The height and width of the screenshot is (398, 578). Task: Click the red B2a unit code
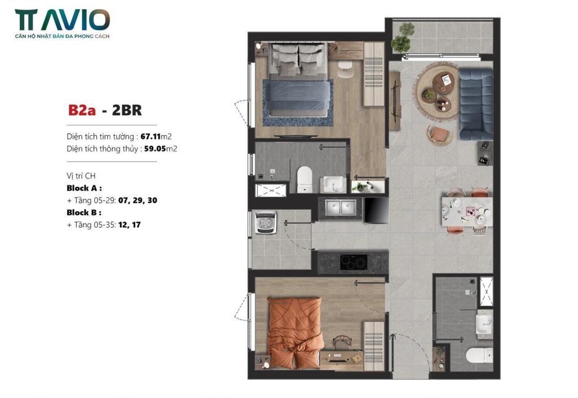[x=82, y=110]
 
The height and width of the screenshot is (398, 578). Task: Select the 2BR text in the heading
[x=127, y=110]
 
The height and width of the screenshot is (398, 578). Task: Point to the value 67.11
[x=150, y=136]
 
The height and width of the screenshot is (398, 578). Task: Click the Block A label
[x=84, y=188]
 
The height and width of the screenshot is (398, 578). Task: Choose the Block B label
[x=84, y=213]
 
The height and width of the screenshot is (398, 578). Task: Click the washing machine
[x=266, y=222]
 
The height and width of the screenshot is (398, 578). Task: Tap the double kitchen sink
[x=340, y=207]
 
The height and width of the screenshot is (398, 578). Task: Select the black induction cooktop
[x=353, y=262]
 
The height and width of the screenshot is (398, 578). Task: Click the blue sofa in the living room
[x=475, y=104]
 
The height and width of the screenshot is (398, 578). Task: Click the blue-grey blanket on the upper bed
[x=296, y=95]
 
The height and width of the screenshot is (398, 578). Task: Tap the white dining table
[x=467, y=211]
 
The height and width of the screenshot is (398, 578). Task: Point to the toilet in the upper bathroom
[x=304, y=179]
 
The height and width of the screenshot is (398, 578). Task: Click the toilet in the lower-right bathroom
[x=479, y=355]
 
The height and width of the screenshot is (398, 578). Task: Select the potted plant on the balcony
[x=402, y=39]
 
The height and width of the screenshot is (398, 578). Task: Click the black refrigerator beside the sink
[x=376, y=210]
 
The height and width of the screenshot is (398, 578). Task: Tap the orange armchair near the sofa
[x=439, y=135]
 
